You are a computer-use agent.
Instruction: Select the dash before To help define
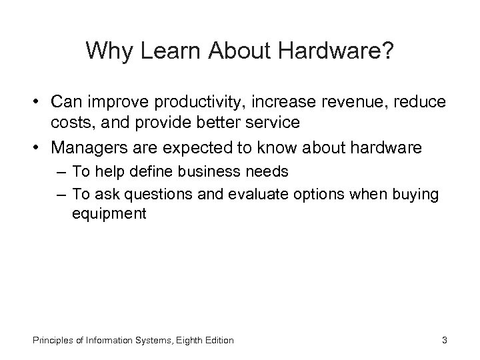click(61, 172)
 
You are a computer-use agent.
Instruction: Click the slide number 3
click(444, 341)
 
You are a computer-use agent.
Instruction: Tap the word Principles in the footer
click(53, 341)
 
